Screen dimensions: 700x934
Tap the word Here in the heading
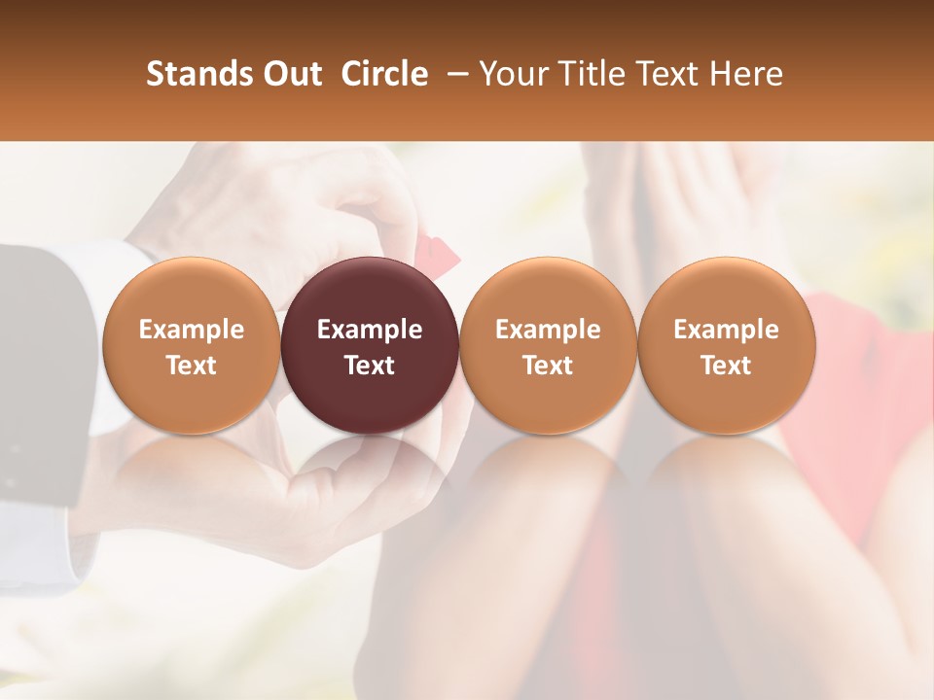(744, 74)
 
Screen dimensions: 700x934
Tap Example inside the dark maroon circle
(370, 330)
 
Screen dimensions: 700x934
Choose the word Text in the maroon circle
(370, 366)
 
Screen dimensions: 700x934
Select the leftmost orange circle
(191, 292)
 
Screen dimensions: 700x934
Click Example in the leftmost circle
(191, 330)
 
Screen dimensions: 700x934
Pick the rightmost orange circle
(726, 292)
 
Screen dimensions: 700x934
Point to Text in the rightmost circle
(726, 366)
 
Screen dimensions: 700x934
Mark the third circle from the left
(548, 292)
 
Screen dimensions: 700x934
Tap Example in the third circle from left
(548, 330)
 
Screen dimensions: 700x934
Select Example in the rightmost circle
(726, 330)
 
